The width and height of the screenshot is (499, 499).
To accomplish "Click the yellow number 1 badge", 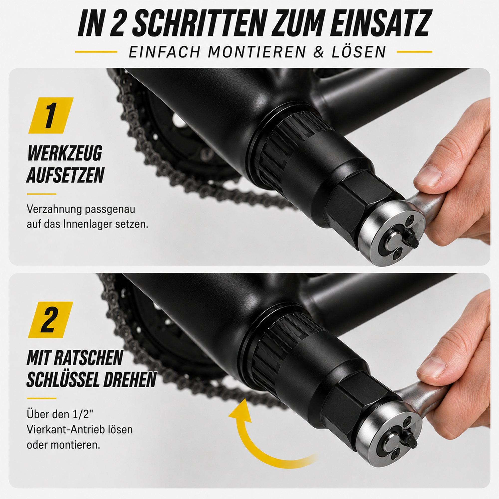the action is pos(51,116).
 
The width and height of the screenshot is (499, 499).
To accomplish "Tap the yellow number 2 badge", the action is pos(51,320).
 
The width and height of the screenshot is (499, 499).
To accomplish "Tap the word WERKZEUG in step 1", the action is pos(65,153).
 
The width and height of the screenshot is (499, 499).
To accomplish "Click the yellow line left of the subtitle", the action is pos(96,52).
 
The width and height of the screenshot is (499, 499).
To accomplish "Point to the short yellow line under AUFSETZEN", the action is pos(41,194).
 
